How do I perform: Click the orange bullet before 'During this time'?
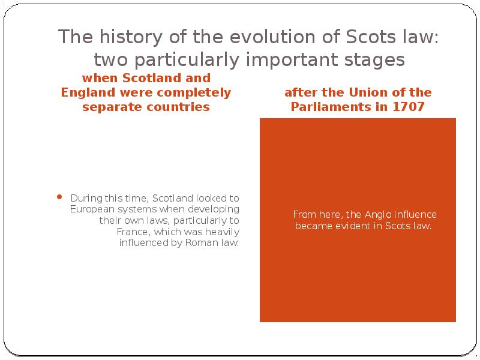59,197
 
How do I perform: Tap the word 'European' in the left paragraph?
91,209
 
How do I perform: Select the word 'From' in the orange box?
304,214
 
